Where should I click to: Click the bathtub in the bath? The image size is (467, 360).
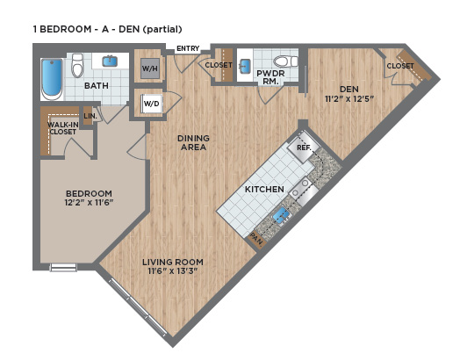pos(52,79)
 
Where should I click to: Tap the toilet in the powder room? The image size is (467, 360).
pos(285,61)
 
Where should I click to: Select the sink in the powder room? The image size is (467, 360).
pos(245,66)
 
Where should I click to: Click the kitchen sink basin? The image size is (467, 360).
pos(281,215)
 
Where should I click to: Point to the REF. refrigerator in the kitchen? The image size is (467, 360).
pos(304,148)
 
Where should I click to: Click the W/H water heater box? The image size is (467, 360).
pos(150,68)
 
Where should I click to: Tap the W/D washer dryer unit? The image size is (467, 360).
pos(151,104)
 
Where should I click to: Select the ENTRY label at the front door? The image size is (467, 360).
pos(188,48)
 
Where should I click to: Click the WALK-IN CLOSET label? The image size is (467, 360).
pos(63,128)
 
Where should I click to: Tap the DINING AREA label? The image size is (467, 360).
pos(194,142)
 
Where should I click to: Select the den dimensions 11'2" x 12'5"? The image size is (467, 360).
pos(349,98)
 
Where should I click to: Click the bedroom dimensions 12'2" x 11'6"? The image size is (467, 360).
pos(89,203)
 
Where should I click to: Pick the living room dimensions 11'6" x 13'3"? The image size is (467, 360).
pos(173,271)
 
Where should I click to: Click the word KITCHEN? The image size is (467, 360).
pos(264,190)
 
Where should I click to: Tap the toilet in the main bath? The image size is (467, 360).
pos(77,65)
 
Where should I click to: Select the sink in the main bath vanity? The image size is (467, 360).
pos(110,61)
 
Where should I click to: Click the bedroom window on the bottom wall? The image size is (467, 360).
pos(63,267)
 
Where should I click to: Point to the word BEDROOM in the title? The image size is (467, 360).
pos(66,29)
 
